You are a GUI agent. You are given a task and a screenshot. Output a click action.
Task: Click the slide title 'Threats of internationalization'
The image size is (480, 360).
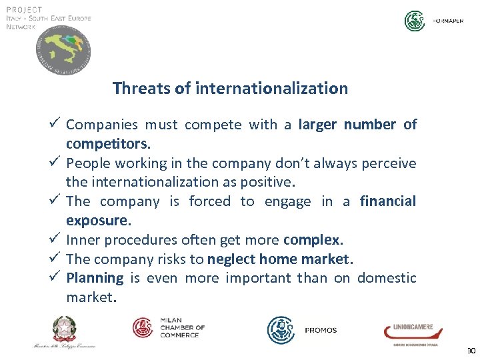coord(230,88)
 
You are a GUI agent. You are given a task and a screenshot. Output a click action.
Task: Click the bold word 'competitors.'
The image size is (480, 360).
coord(109,143)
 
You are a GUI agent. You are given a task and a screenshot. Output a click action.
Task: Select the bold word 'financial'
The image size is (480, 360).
coord(387,201)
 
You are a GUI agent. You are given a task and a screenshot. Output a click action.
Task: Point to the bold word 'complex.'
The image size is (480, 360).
coord(313,239)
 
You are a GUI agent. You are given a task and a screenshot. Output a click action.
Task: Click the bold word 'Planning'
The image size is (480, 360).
coord(95,277)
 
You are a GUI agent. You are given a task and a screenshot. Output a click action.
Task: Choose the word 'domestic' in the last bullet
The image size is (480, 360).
coord(387,277)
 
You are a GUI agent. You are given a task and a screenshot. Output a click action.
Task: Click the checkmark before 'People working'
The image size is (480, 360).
coord(56,162)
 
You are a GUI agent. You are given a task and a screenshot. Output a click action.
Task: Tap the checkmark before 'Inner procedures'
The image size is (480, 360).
coord(56,238)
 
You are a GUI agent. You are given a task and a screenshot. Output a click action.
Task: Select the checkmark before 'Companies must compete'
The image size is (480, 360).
coord(56,123)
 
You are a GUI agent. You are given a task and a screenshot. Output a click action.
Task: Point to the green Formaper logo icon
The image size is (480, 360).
coord(415,21)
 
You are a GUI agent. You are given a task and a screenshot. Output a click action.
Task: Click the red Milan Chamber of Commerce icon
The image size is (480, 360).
coord(143,327)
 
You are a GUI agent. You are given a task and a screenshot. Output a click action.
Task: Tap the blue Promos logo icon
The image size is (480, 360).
coord(281,330)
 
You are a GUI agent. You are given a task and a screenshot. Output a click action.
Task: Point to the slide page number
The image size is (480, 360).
coord(471,351)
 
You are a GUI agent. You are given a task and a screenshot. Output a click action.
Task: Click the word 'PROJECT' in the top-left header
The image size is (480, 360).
coord(24,9)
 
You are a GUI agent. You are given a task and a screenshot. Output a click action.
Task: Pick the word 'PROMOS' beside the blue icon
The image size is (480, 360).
coord(321,331)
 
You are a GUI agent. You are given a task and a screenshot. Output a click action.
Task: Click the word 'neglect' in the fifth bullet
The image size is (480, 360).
coord(231,259)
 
